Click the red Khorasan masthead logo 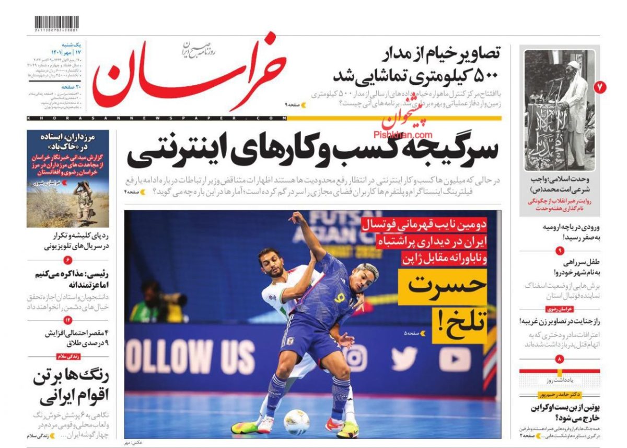(191, 71)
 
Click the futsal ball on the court (296, 422)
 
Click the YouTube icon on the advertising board (455, 359)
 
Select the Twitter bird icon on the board (404, 359)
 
